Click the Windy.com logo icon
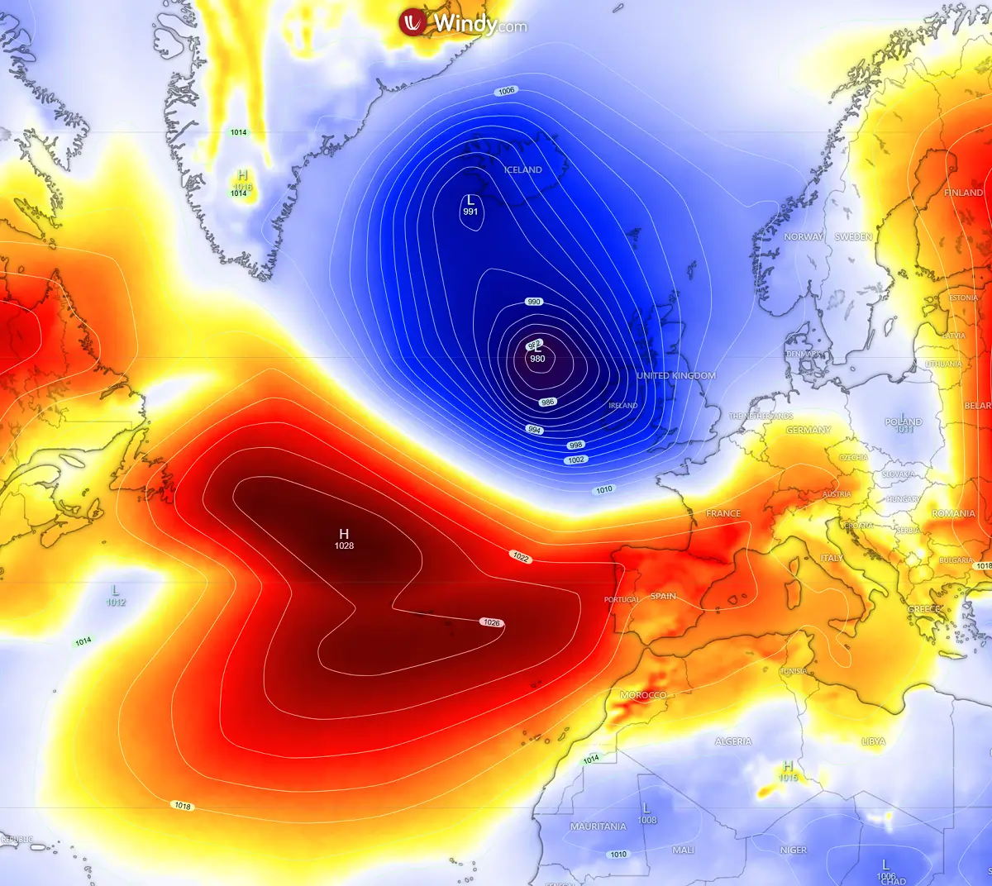click(x=412, y=22)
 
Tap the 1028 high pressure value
click(x=345, y=545)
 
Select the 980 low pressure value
click(x=537, y=359)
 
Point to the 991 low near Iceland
click(x=470, y=212)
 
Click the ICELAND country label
click(x=523, y=169)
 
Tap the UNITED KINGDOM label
click(x=676, y=375)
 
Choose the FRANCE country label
click(x=723, y=513)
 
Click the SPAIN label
click(x=663, y=596)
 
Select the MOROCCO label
click(x=642, y=695)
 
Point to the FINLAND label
click(x=964, y=193)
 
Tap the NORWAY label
click(x=804, y=236)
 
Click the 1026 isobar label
click(x=492, y=622)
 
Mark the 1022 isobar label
click(x=521, y=557)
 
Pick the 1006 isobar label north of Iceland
click(x=507, y=91)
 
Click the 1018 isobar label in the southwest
click(x=182, y=806)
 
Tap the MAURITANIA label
click(x=599, y=826)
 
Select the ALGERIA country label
click(x=733, y=741)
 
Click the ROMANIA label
click(x=953, y=513)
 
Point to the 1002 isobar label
click(x=576, y=460)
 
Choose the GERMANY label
click(x=808, y=430)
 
